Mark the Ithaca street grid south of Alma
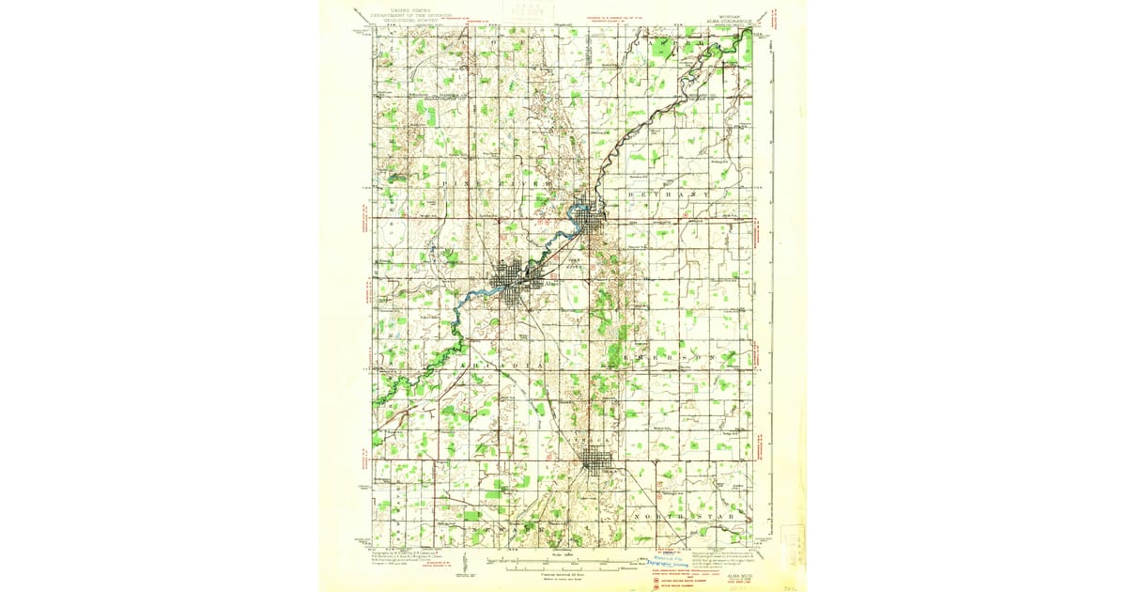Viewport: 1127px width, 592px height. tap(595, 460)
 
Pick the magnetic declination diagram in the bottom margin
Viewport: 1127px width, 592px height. tap(474, 564)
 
